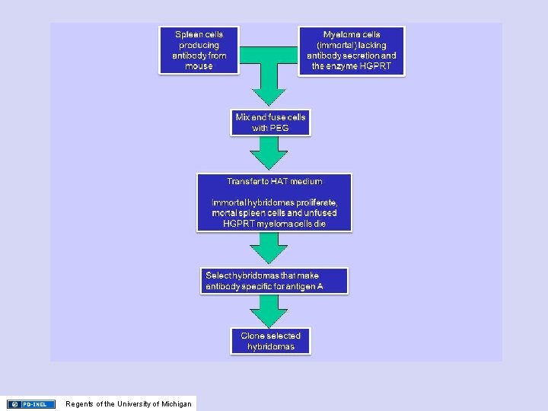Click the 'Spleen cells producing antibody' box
click(x=199, y=50)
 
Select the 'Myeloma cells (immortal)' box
click(x=351, y=50)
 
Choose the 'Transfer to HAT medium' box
click(x=274, y=202)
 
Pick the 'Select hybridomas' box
click(x=276, y=281)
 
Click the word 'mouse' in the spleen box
click(x=199, y=66)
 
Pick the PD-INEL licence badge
click(x=31, y=404)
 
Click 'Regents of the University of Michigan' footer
click(x=129, y=404)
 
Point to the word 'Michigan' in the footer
click(x=176, y=404)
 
